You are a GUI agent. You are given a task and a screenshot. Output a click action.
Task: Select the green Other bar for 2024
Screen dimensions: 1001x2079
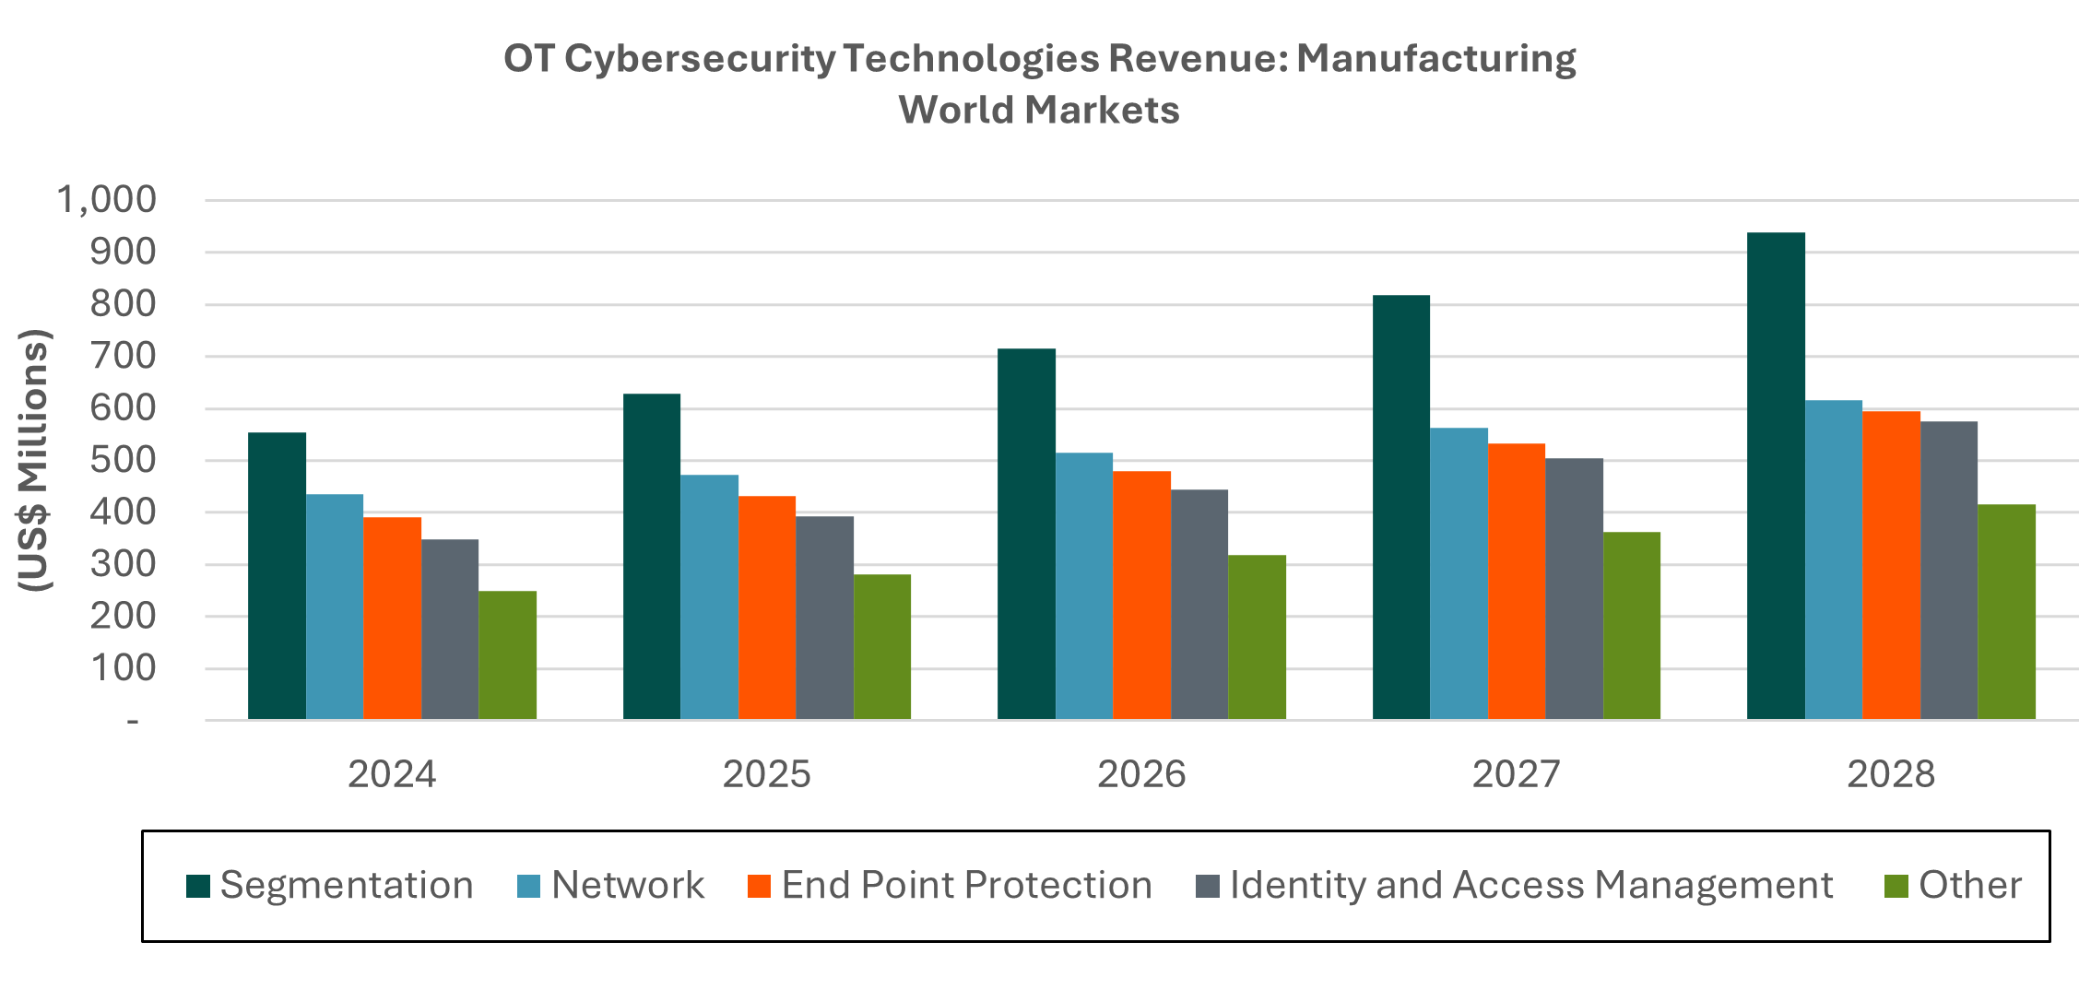507,655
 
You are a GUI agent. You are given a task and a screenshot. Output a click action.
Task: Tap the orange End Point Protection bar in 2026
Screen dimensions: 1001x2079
1141,595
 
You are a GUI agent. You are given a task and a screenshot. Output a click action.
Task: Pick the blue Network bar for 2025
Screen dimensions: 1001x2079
709,597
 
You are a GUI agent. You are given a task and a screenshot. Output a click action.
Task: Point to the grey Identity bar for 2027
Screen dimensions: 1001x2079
1574,589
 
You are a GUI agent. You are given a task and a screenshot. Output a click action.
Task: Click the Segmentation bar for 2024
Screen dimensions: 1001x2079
277,576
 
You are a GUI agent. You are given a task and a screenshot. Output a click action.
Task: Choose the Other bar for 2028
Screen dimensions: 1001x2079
2006,612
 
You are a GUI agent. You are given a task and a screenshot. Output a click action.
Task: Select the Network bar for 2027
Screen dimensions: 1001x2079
1459,573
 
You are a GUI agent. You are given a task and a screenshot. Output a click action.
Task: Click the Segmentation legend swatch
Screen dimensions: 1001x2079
198,886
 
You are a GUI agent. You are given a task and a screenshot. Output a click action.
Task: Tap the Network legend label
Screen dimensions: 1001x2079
627,886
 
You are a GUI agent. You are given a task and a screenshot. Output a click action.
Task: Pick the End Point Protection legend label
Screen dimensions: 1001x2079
966,886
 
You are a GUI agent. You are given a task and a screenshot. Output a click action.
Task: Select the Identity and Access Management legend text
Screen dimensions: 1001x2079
1530,886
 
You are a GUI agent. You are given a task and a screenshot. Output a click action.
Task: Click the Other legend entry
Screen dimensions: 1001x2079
1969,886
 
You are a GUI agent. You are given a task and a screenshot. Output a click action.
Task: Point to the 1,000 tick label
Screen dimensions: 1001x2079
107,199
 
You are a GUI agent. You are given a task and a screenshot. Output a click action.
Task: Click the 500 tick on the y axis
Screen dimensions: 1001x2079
123,460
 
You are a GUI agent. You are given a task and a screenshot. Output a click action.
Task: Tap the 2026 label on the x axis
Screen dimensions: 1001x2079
1141,774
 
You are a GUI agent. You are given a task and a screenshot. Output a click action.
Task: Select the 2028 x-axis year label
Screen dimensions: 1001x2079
1891,774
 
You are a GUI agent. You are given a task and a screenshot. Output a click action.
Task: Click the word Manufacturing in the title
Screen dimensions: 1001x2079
1436,58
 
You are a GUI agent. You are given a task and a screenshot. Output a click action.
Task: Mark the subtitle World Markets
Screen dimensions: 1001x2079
1039,110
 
